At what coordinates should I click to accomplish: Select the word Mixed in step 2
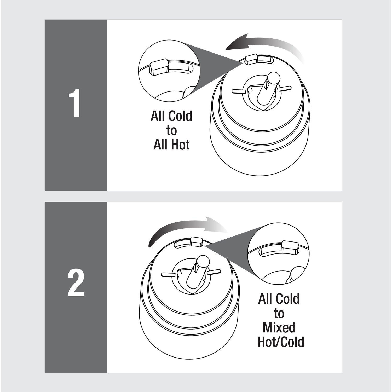[x=279, y=328]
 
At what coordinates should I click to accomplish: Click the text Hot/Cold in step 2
[x=281, y=342]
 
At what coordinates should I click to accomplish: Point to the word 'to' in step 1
[x=171, y=130]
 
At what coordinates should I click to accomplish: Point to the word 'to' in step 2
[x=279, y=313]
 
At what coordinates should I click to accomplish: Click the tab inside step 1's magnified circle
[x=159, y=66]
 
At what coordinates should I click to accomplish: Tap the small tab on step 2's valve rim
[x=196, y=241]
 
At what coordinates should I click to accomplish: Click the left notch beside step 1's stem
[x=238, y=91]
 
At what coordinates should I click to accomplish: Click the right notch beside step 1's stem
[x=285, y=88]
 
